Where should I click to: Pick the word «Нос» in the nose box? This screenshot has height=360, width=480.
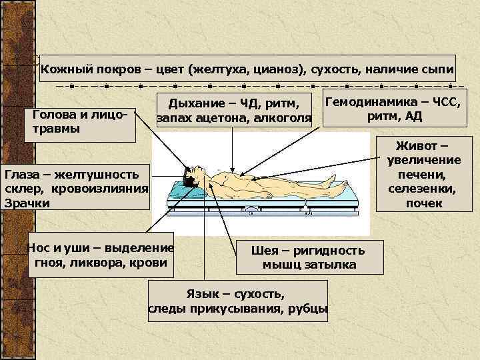(x=38, y=248)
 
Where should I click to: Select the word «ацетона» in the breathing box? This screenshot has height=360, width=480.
(x=231, y=119)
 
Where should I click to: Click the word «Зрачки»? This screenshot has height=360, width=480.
(x=27, y=203)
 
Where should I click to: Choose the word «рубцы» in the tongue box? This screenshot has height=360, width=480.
(x=309, y=309)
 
